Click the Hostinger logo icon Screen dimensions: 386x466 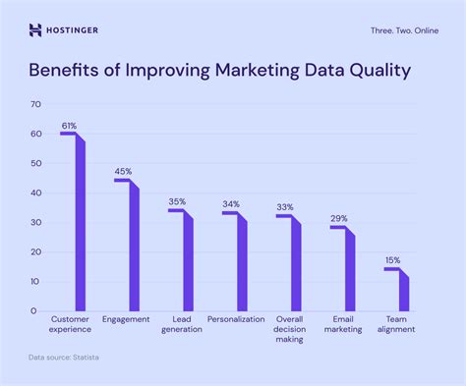tap(36, 29)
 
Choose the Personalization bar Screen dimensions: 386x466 tap(242, 263)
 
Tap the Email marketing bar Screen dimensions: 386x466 tap(349, 270)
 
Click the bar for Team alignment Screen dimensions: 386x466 tap(403, 291)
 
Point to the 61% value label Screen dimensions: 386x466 tap(69, 126)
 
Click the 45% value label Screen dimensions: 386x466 tap(123, 172)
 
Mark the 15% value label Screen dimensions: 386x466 tap(392, 260)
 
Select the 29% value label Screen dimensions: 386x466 tap(338, 219)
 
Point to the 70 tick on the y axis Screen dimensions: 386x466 tap(34, 104)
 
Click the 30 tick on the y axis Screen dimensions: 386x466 tap(34, 222)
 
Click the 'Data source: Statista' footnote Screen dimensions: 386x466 tap(63, 357)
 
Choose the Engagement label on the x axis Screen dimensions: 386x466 tap(127, 319)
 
